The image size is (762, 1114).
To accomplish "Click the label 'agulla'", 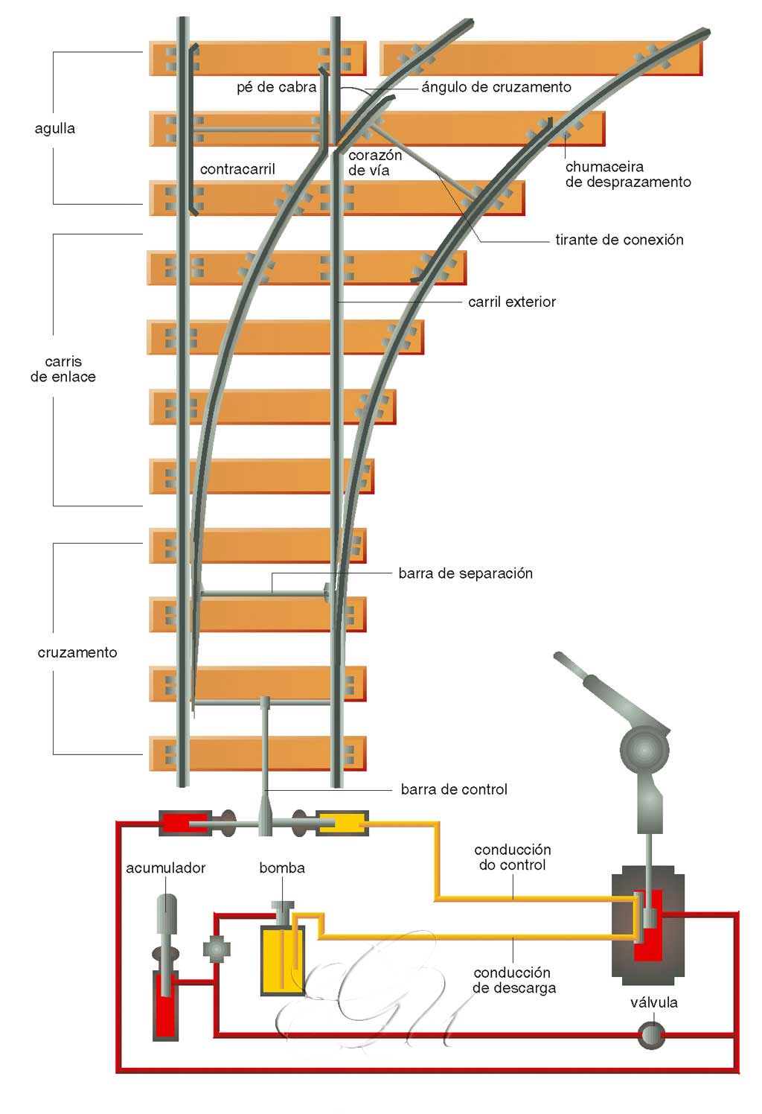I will [x=55, y=129].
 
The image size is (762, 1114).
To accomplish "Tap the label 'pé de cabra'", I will [x=276, y=88].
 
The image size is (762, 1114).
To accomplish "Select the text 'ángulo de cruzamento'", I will [x=496, y=87].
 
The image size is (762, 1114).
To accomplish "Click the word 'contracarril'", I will [x=237, y=170].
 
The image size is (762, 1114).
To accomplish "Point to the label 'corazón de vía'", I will [x=374, y=163].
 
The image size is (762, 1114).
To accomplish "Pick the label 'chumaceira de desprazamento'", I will [x=627, y=174].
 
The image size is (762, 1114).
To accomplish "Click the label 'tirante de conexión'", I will [x=618, y=240].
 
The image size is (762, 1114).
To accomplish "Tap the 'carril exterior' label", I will [x=511, y=302].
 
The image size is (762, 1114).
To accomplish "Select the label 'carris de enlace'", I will [x=63, y=369].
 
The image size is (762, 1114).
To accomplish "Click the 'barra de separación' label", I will [x=465, y=573].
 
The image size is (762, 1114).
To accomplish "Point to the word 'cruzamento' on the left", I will [x=77, y=652].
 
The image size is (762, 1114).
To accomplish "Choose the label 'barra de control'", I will [x=453, y=789].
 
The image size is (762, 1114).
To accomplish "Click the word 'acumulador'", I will [x=165, y=868].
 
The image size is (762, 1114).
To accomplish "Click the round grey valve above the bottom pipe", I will [x=651, y=1036].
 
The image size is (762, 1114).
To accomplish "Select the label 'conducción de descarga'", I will [x=513, y=981].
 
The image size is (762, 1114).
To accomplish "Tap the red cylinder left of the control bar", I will [x=179, y=823].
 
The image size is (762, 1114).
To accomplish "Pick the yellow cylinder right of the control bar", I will [x=341, y=823].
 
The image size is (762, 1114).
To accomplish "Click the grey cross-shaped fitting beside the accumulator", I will [x=217, y=949].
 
